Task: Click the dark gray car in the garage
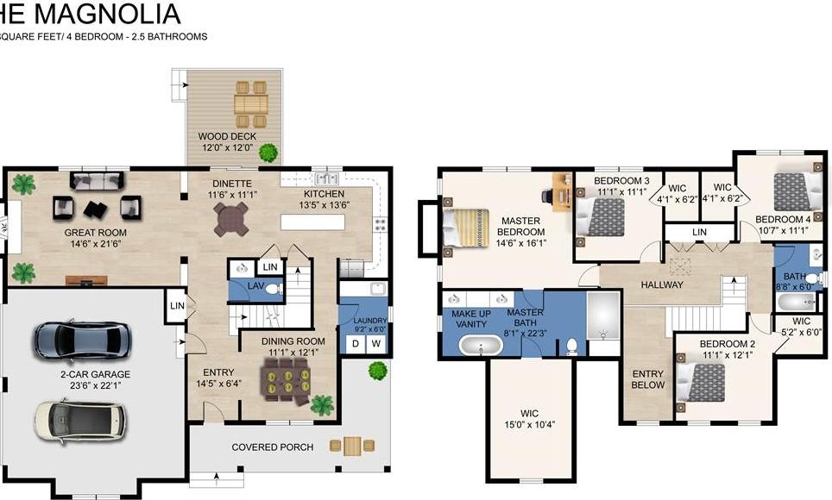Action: pyautogui.click(x=77, y=340)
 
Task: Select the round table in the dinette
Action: pyautogui.click(x=231, y=220)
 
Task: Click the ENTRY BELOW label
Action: pyautogui.click(x=648, y=379)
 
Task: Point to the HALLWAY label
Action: pyautogui.click(x=662, y=284)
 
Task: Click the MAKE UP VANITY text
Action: pyautogui.click(x=470, y=318)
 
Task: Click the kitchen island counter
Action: pyautogui.click(x=312, y=222)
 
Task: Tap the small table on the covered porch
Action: pyautogui.click(x=351, y=446)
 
